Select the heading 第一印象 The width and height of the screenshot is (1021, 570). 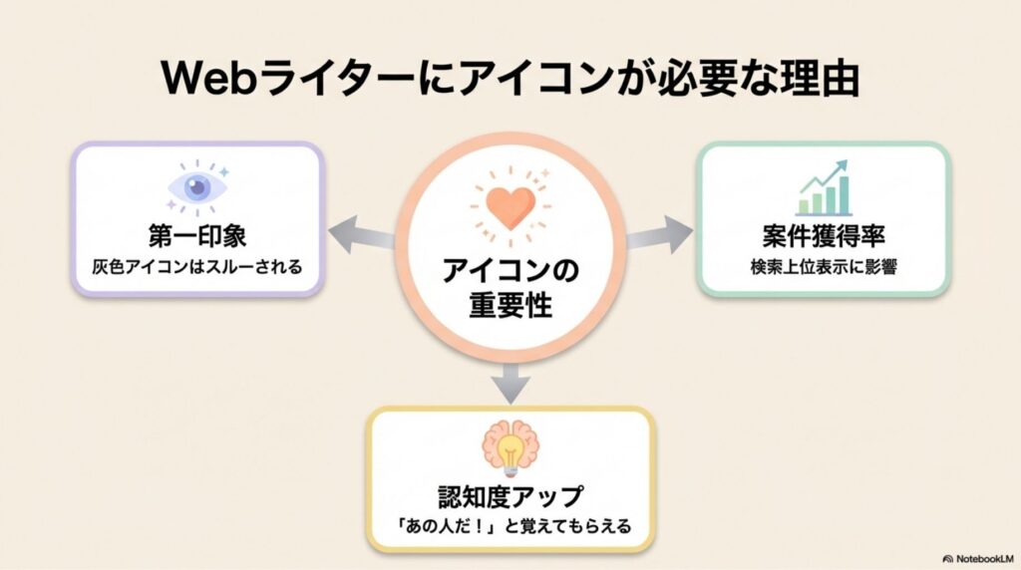[197, 235]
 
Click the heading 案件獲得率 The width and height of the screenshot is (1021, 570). [823, 236]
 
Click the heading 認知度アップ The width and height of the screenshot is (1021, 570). [510, 495]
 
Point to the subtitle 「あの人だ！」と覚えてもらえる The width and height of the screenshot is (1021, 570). [510, 525]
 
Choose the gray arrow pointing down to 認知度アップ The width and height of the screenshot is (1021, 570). [510, 380]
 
